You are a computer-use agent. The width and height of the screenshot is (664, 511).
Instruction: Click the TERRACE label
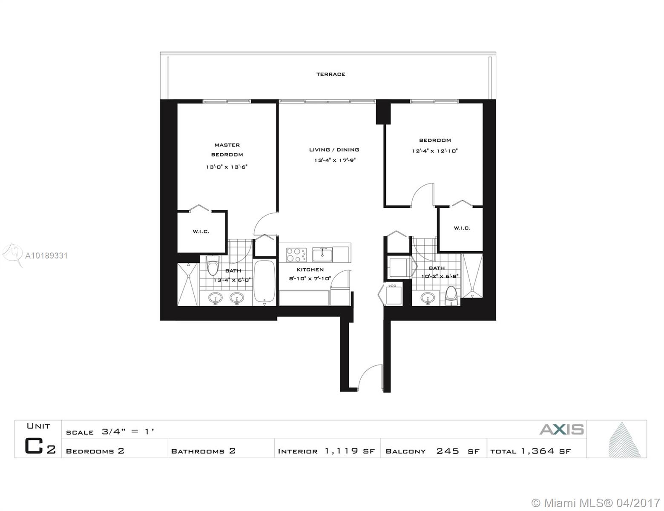point(331,74)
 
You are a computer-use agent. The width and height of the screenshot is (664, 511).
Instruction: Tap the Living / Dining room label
point(334,149)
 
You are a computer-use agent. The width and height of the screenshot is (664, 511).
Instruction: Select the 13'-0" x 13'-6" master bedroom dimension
point(227,167)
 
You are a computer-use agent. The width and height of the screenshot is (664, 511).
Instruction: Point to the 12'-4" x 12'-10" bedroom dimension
point(434,151)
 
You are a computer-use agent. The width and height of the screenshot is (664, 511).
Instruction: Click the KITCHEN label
point(310,270)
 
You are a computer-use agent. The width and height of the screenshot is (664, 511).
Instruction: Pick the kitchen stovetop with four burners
point(296,255)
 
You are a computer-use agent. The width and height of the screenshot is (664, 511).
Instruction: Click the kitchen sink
point(322,255)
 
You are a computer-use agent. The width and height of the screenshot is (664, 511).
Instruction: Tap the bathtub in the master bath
point(264,282)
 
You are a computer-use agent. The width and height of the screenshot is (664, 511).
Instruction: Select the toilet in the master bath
point(213,265)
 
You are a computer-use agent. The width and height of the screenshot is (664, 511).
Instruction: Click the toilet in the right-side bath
point(451,296)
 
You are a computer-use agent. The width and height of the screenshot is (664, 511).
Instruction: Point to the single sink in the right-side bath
point(428,298)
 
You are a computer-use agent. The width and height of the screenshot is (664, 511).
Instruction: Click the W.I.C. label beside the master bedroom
point(201,232)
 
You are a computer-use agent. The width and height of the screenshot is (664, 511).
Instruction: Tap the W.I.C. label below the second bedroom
point(462,228)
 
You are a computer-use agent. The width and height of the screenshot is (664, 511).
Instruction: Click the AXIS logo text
point(562,429)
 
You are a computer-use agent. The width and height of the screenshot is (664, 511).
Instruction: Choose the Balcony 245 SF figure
point(458,451)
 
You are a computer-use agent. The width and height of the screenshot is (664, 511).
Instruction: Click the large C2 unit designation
point(40,446)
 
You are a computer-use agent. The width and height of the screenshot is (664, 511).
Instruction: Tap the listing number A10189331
point(46,255)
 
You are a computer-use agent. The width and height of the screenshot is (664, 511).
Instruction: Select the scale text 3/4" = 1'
point(128,431)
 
